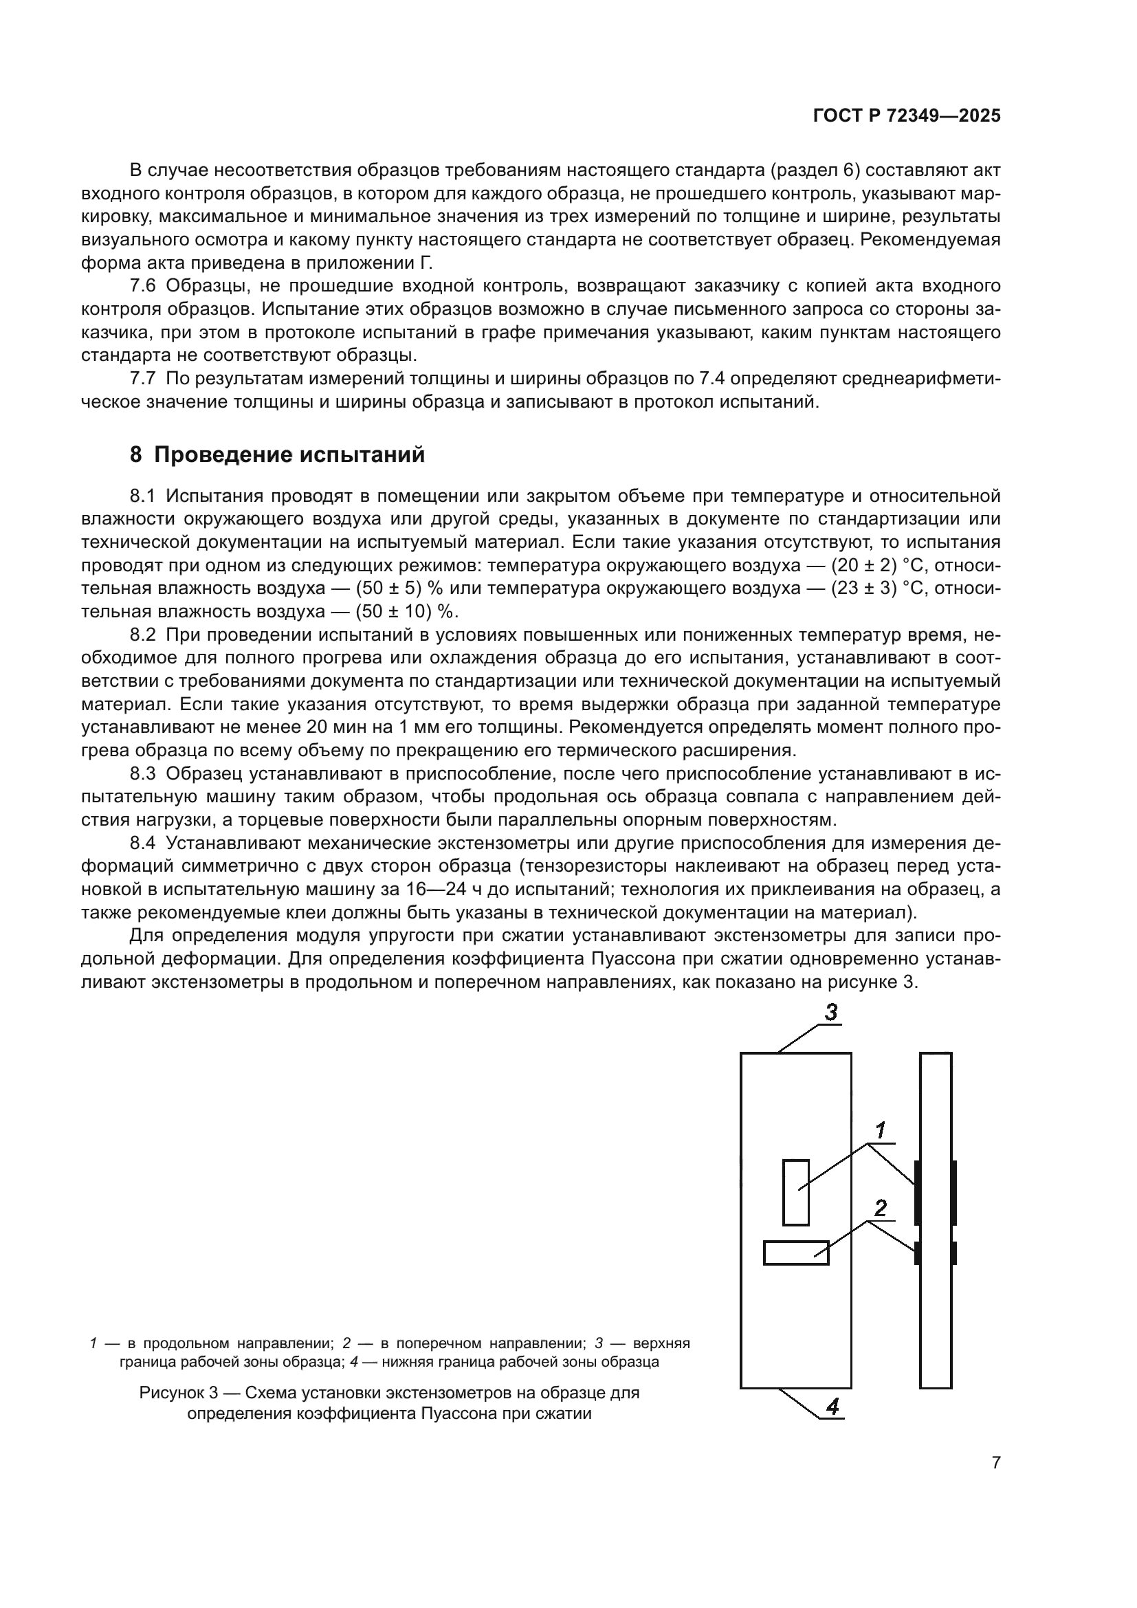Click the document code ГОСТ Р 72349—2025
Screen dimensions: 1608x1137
coord(907,115)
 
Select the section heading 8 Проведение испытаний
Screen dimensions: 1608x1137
coord(277,454)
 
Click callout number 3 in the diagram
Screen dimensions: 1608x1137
coord(830,1012)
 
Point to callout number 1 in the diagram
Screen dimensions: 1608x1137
coord(881,1130)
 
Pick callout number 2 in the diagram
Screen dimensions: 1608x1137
coord(881,1208)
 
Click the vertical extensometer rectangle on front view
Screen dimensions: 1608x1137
coord(795,1193)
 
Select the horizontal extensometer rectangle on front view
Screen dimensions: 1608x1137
coord(795,1253)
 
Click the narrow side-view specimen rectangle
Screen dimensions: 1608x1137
coord(936,1220)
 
